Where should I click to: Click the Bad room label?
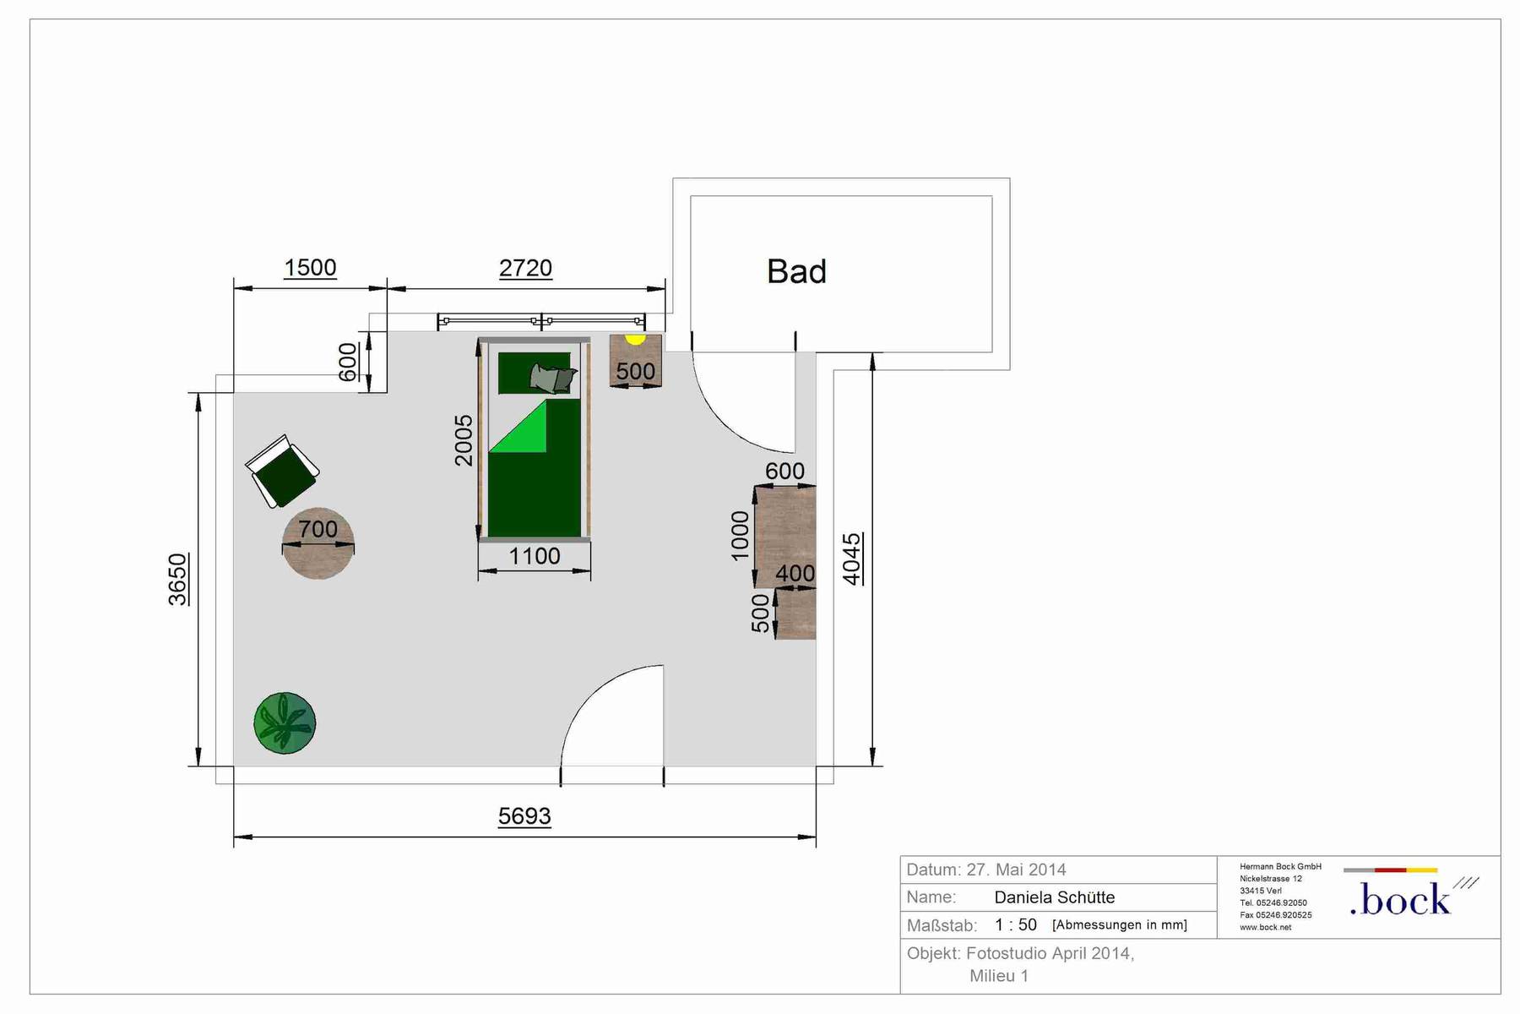[796, 271]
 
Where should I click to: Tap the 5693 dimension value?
[524, 816]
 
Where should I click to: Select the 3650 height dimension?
[178, 580]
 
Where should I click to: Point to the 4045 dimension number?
[852, 559]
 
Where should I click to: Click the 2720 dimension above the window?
[525, 268]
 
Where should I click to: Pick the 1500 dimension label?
[310, 268]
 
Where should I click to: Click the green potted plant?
[285, 723]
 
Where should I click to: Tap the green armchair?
[283, 472]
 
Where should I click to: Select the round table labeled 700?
[318, 543]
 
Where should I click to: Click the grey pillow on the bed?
[554, 379]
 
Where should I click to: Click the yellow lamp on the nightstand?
[635, 339]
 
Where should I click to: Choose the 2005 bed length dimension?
[464, 440]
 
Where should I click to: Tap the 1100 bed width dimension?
[535, 556]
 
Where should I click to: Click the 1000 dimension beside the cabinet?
[740, 536]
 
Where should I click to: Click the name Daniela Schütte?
[1055, 897]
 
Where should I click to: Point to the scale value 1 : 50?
[1016, 925]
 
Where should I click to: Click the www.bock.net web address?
[1266, 927]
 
